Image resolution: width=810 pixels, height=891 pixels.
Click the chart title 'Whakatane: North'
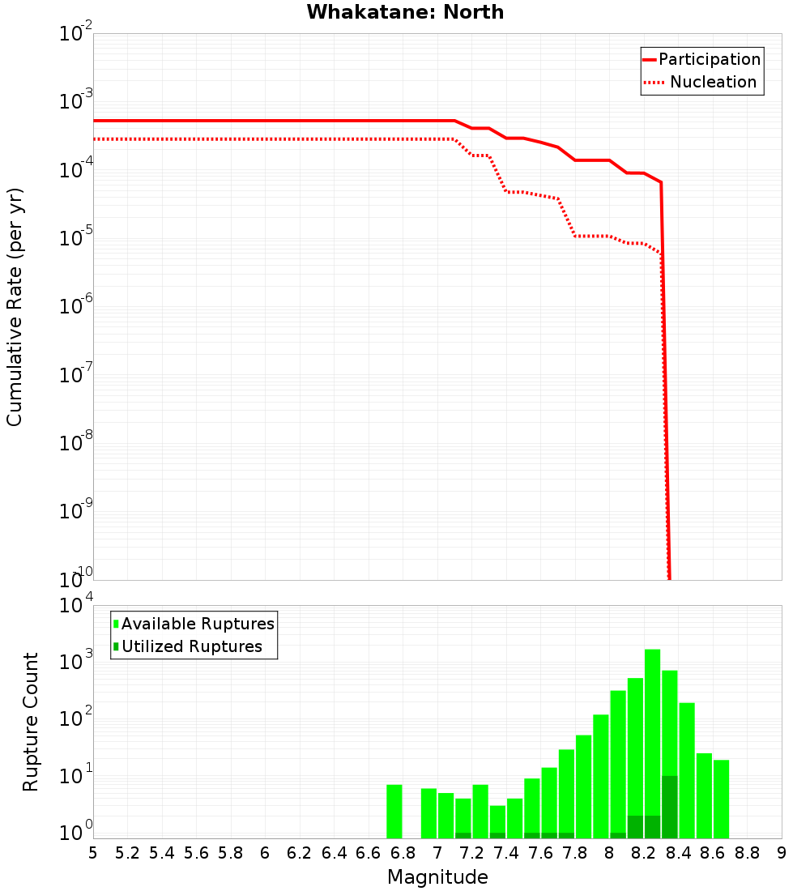[x=405, y=12]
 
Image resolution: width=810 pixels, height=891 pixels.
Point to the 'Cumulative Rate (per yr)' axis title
[x=15, y=306]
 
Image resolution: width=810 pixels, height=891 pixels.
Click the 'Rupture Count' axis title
[x=31, y=721]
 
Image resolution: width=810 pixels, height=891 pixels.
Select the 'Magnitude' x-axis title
[x=437, y=877]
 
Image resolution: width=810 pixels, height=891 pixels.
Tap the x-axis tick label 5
[x=93, y=853]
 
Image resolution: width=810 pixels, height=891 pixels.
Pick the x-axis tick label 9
[x=782, y=853]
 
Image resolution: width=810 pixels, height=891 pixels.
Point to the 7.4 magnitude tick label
[x=506, y=853]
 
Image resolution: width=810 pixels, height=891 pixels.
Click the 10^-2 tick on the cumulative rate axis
[x=76, y=34]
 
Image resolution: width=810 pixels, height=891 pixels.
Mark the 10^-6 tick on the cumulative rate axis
[x=76, y=307]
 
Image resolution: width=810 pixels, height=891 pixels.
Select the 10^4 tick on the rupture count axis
[x=76, y=606]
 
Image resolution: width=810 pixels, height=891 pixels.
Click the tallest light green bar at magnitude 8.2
[x=652, y=729]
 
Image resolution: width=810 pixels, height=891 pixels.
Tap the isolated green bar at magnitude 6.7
[x=394, y=810]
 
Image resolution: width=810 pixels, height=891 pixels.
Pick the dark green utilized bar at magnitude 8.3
[x=670, y=806]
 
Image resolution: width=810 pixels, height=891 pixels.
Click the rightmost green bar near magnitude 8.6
[x=721, y=798]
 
